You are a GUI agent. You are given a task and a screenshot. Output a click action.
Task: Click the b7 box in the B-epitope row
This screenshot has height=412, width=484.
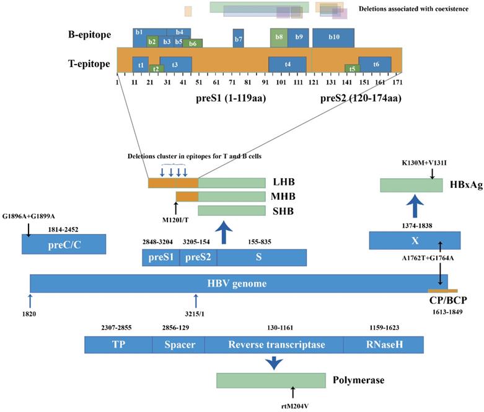[238, 38]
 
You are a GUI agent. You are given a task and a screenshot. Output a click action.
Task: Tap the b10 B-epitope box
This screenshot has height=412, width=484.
[333, 38]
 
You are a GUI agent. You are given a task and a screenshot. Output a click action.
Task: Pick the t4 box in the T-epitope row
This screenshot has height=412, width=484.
[287, 65]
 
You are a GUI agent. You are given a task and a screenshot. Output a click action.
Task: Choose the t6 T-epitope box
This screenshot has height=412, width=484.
[376, 65]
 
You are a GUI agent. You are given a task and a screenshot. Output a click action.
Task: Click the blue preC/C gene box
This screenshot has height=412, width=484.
[64, 244]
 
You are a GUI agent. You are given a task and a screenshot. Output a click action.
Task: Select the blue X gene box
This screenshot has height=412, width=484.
[415, 241]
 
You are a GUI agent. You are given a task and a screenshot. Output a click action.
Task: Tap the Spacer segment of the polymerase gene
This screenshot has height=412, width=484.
[178, 345]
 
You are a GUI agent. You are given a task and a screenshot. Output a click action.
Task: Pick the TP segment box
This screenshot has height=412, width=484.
[118, 345]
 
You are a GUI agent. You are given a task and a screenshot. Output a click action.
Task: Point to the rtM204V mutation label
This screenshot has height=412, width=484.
[293, 406]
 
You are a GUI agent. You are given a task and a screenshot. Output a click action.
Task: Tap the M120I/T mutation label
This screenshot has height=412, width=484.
[176, 218]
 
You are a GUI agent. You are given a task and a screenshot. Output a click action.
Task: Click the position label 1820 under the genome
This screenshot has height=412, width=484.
[30, 313]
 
